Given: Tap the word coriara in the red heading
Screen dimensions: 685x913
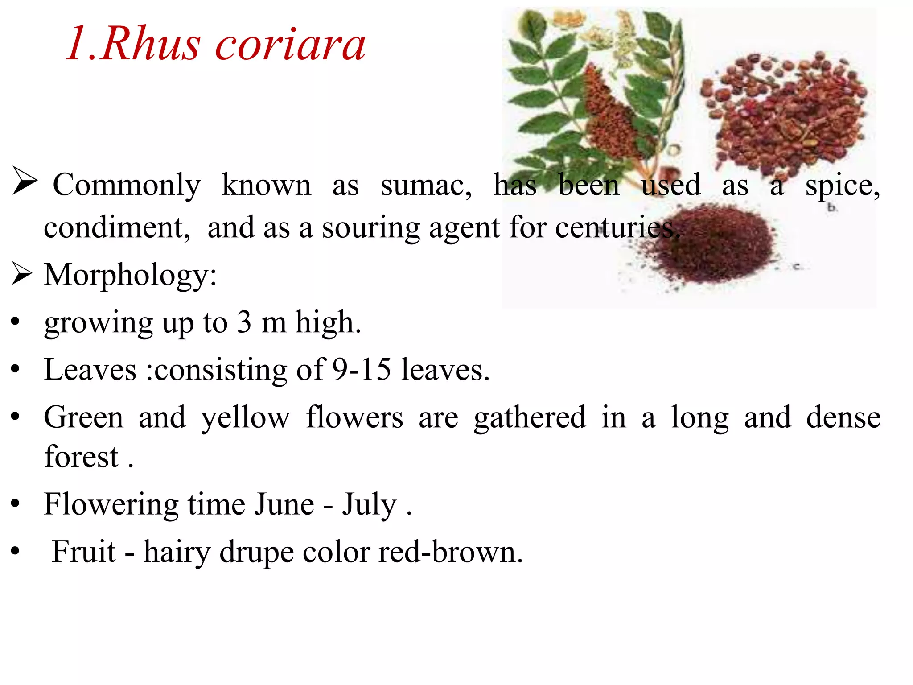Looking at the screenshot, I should (290, 45).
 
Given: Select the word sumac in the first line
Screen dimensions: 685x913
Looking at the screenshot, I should (425, 185).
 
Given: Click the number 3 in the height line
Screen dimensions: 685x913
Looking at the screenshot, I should (244, 322).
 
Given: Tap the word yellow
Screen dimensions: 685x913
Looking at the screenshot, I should (245, 418).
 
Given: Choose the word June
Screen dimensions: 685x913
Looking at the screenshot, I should (284, 504).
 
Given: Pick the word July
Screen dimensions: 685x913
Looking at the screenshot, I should (369, 504).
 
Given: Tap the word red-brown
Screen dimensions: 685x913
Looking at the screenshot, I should (450, 552).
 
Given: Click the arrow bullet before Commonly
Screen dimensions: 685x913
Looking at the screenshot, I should (25, 181).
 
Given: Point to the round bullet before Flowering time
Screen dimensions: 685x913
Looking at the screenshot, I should (16, 504).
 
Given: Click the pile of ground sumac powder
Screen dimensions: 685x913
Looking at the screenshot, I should (718, 245).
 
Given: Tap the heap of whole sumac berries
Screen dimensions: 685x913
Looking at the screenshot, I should (785, 111).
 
